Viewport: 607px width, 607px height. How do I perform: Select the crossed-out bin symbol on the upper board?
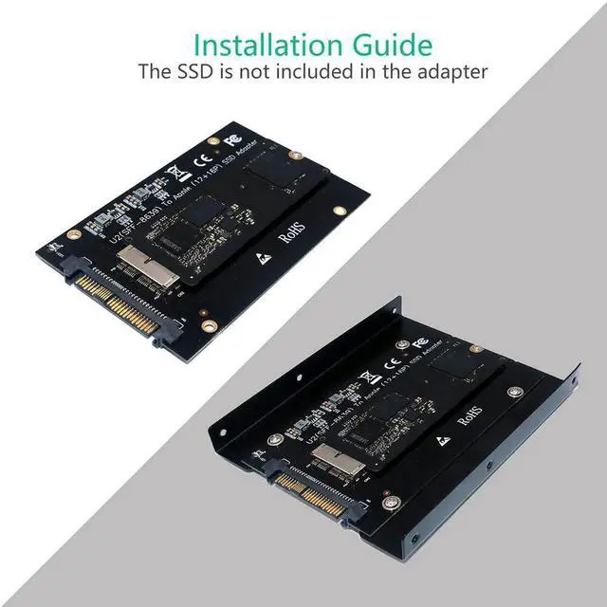click(174, 173)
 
